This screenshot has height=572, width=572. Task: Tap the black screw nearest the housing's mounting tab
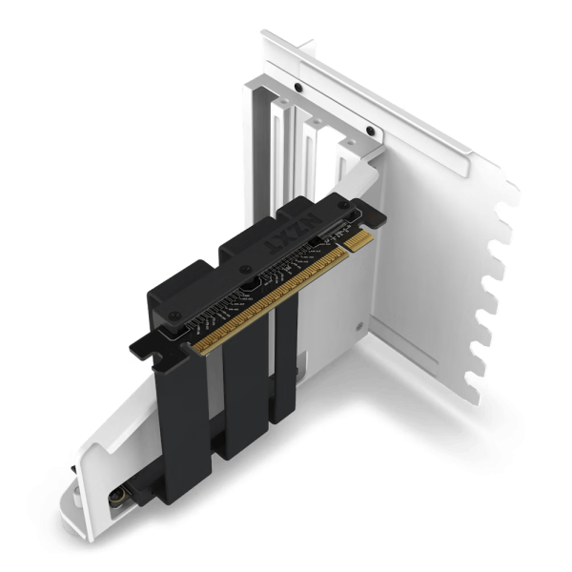(174, 314)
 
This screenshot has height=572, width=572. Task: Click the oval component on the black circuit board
(250, 284)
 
